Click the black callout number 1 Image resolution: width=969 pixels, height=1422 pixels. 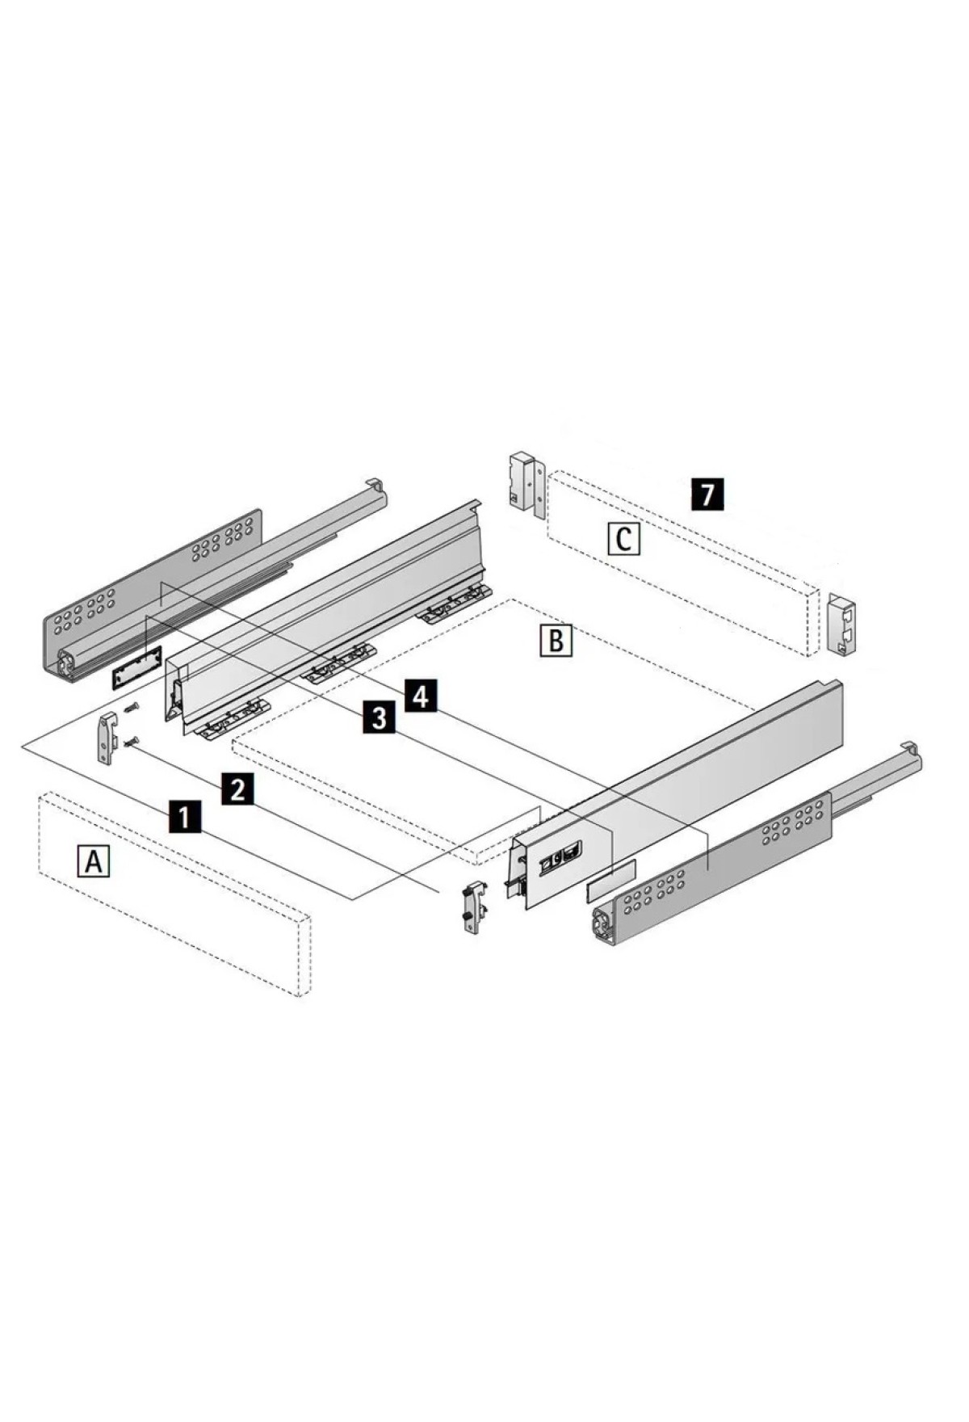(x=185, y=816)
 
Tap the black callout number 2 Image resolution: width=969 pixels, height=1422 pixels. (x=237, y=788)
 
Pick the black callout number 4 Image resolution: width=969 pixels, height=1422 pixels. (x=421, y=695)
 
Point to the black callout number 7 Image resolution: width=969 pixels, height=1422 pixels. (x=707, y=494)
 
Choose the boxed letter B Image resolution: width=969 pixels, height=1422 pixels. (x=556, y=640)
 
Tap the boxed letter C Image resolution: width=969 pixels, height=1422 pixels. (x=623, y=539)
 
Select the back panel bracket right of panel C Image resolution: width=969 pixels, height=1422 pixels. (x=841, y=625)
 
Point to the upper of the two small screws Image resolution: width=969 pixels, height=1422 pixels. (x=132, y=709)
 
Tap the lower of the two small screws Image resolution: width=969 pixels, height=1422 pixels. (x=132, y=740)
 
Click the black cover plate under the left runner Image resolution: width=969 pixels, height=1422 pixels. (x=137, y=667)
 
